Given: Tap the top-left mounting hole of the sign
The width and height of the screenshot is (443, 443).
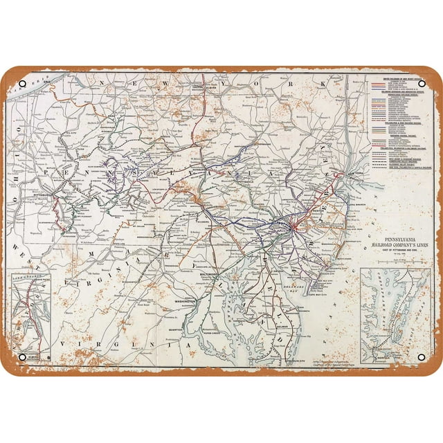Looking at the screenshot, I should click(22, 84).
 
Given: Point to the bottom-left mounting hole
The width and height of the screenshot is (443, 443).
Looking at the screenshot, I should click(22, 357).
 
